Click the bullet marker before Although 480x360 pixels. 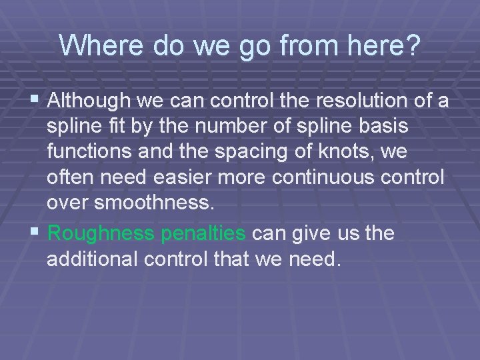37,101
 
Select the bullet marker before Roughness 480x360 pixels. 37,233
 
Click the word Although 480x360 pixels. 90,101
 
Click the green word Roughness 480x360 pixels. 100,233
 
